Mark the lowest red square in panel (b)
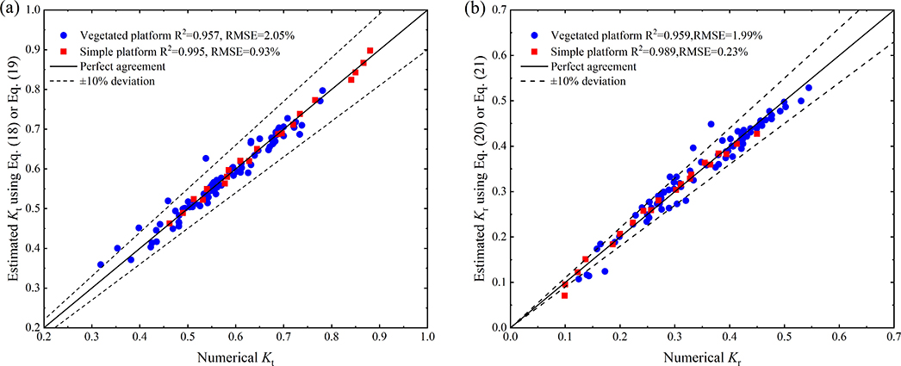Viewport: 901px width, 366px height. click(564, 295)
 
